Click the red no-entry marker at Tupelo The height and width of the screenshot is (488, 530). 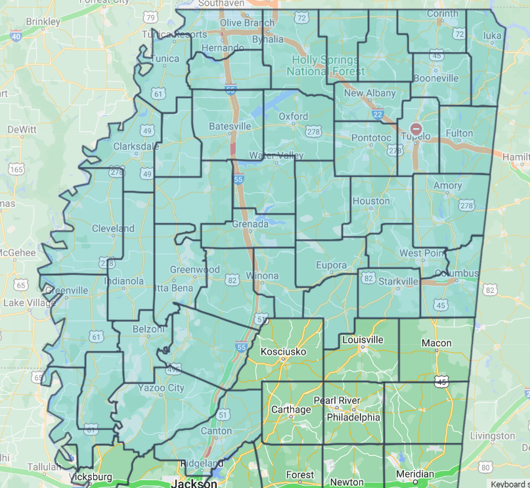pos(416,129)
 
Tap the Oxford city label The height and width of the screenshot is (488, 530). pos(293,116)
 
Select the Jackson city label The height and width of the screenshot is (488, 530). pos(194,483)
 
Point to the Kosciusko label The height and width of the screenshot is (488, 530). pos(284,351)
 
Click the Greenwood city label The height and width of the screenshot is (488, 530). pos(194,269)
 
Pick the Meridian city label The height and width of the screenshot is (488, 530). pos(415,474)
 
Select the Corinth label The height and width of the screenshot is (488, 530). pos(443,13)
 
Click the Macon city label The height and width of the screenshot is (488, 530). pos(437,343)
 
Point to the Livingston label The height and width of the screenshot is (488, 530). pos(493,435)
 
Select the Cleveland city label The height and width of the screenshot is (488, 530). pos(112,229)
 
